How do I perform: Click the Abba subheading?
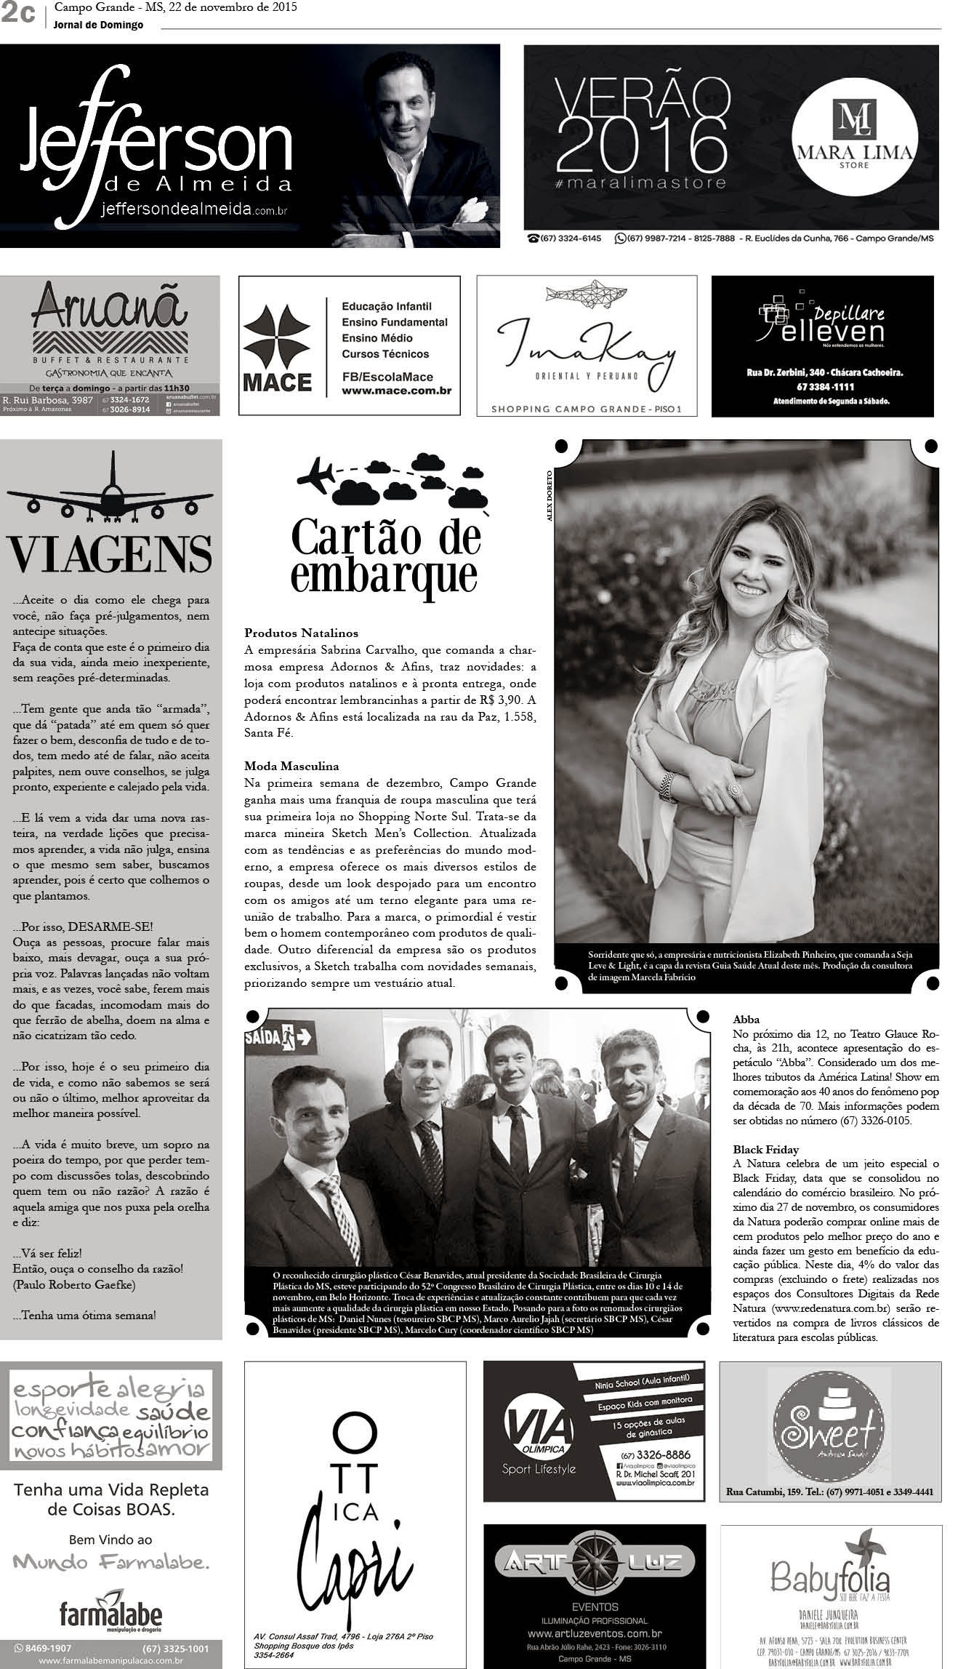tap(746, 1020)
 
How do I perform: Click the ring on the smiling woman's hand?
tap(735, 789)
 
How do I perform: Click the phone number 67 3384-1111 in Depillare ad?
tap(821, 386)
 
